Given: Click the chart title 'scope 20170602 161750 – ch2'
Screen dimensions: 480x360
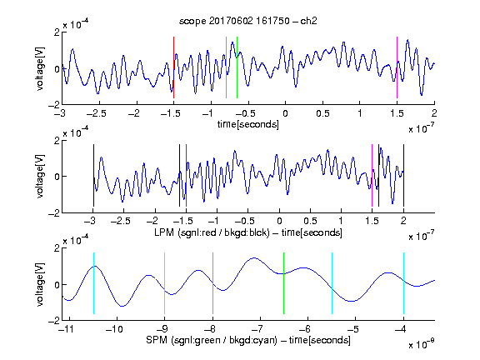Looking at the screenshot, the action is click(248, 21).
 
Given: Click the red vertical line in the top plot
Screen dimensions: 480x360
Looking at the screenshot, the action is click(173, 67).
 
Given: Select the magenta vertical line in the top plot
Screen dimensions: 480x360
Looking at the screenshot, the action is click(397, 67).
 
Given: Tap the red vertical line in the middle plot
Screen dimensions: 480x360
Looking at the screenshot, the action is click(186, 175).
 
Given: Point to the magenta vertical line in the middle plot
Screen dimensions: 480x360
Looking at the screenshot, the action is click(372, 175).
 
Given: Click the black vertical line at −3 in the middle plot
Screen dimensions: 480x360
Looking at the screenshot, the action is click(93, 175).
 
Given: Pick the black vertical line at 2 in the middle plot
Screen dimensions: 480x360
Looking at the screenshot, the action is click(403, 175).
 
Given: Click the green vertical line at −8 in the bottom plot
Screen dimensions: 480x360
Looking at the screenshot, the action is click(212, 283).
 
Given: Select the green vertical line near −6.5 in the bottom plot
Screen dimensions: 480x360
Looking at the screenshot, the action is click(284, 283).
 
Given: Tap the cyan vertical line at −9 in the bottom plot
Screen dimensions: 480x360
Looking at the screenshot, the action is click(164, 283).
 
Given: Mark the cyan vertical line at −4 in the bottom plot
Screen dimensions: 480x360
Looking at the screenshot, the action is click(403, 283).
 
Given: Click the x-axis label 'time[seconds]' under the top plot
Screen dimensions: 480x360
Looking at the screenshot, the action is click(248, 124).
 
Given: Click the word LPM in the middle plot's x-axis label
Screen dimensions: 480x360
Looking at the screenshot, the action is click(164, 232).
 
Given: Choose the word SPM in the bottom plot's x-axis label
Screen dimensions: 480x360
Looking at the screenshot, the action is click(157, 340).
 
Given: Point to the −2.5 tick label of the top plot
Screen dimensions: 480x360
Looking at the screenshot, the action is click(97, 113).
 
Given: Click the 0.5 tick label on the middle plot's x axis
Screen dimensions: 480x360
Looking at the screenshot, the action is click(310, 221).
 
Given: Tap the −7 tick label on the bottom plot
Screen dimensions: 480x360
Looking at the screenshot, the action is click(259, 329).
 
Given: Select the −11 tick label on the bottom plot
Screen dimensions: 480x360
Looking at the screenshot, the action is click(67, 329).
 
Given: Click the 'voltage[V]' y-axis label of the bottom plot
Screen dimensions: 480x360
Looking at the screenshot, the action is click(40, 284).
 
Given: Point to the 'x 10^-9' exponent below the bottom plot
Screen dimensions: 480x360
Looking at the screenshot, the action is click(422, 344).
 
